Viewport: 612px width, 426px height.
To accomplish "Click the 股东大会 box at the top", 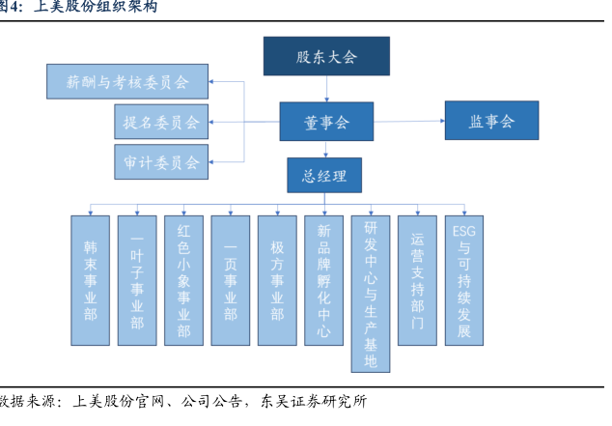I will point(326,57).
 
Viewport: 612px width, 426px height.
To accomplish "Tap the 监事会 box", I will point(491,122).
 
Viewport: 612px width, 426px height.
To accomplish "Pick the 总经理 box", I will point(324,176).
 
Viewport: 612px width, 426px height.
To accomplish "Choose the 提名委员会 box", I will point(161,123).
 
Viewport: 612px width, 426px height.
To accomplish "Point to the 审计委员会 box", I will point(161,162).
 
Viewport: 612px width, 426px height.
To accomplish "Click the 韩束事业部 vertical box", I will point(91,280).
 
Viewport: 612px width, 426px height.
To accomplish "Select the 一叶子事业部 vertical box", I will point(137,280).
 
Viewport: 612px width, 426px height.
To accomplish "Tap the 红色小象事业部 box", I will point(183,280).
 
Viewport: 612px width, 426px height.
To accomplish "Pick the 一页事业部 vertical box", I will point(230,280).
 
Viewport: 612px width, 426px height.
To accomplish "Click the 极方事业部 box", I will point(277,280).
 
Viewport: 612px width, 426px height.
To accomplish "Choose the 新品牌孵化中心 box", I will point(323,280).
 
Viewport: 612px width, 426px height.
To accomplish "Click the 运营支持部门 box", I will point(417,280).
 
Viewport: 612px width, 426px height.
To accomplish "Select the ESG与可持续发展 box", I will point(464,280).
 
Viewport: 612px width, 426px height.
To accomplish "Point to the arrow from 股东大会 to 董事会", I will point(326,89).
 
